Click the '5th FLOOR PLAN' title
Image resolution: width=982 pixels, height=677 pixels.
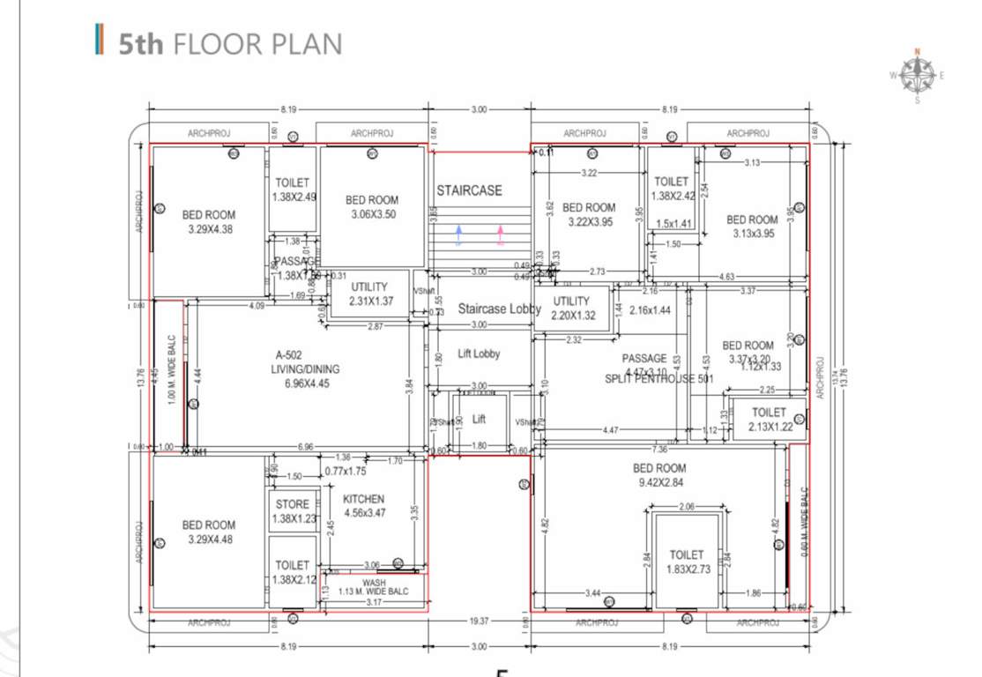coord(230,43)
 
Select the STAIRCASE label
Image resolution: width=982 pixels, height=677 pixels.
coord(469,190)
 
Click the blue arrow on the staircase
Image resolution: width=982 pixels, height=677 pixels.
coord(458,234)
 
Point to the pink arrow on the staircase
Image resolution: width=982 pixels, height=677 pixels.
coord(501,234)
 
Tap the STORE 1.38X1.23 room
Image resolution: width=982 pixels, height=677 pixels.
coord(293,511)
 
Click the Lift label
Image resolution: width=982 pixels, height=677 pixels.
coord(479,420)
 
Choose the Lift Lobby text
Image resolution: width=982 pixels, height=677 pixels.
coord(479,353)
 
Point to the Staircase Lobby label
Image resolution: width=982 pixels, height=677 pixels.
coord(499,309)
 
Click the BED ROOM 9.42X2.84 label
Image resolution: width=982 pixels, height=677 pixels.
coord(658,475)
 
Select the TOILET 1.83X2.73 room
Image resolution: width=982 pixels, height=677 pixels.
coord(687,562)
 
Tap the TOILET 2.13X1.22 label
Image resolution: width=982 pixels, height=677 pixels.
coord(769,420)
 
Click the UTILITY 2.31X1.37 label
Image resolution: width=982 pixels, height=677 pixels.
coord(369,294)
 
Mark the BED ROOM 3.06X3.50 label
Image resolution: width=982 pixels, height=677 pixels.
coord(372,206)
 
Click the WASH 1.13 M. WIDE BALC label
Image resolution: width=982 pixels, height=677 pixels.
coord(374,587)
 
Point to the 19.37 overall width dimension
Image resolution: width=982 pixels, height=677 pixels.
coord(479,621)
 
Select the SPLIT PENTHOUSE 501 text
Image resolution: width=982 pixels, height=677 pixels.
coord(658,379)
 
